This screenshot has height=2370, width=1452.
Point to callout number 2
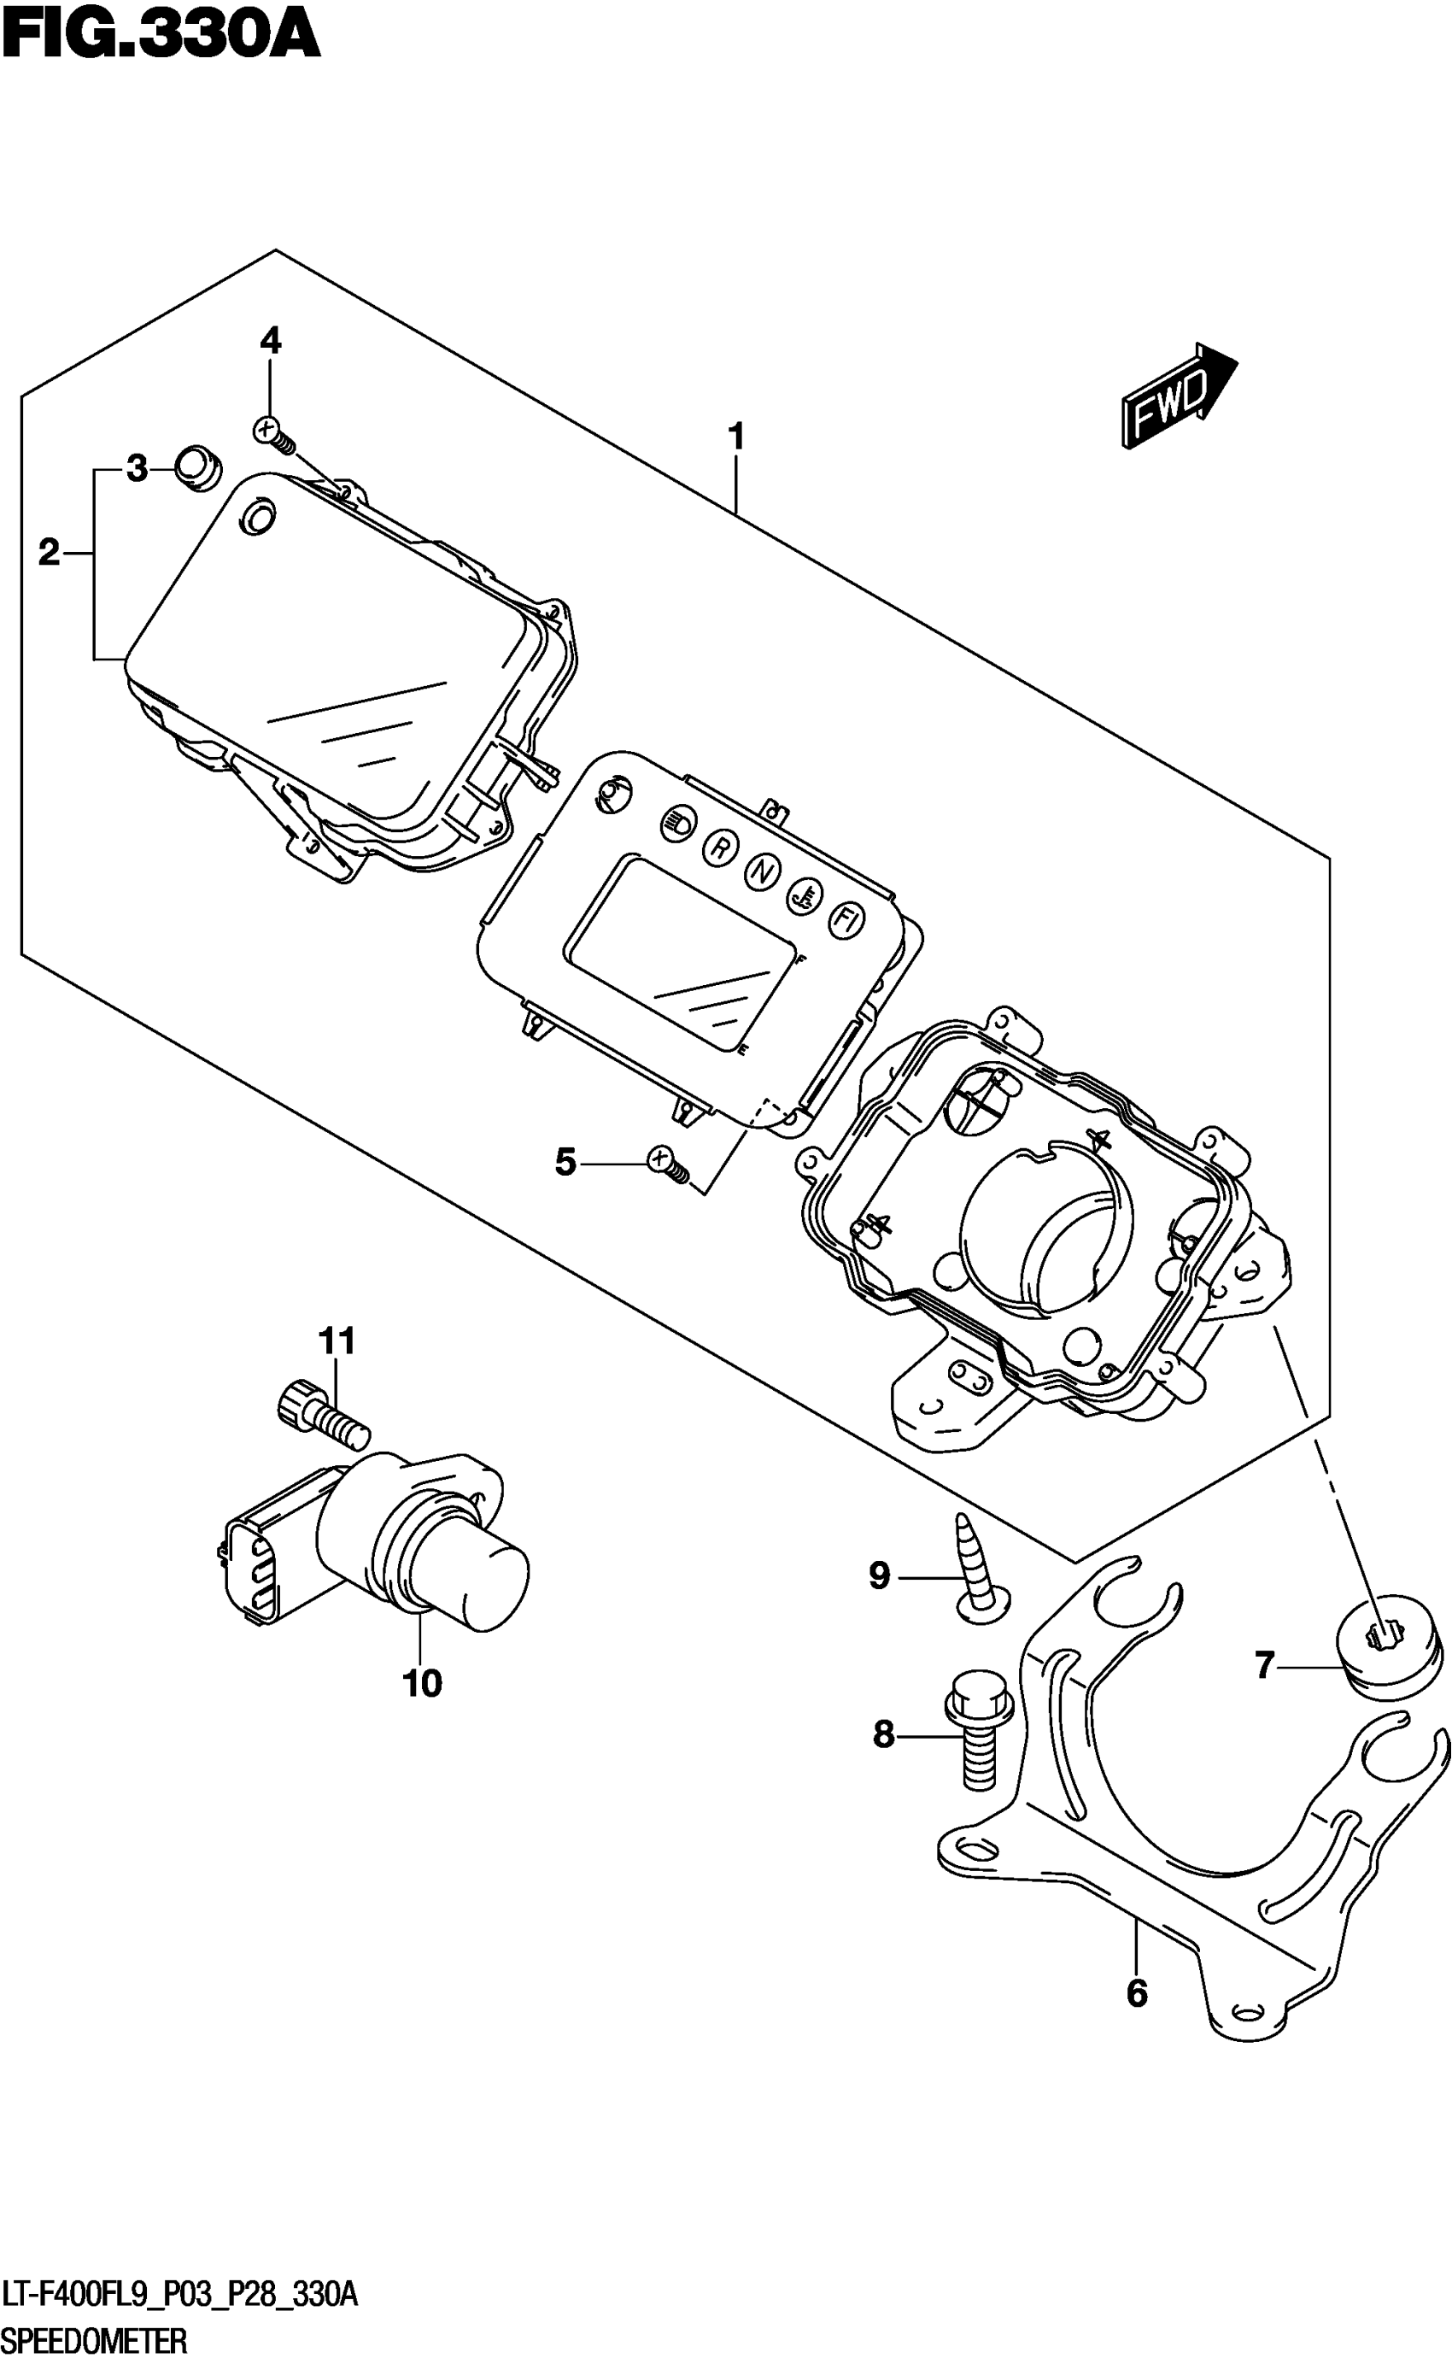[x=49, y=553]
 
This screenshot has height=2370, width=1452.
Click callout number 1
[x=735, y=437]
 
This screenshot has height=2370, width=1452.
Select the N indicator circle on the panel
[x=762, y=871]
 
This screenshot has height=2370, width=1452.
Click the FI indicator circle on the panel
[x=846, y=920]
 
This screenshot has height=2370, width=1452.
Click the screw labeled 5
[x=668, y=1164]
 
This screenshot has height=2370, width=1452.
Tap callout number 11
[x=337, y=1340]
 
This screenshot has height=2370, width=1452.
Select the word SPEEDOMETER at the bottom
[x=94, y=2341]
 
